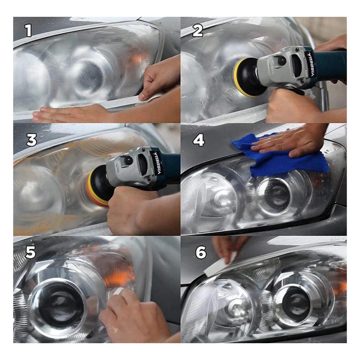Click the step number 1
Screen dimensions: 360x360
[28, 31]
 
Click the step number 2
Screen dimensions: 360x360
[197, 31]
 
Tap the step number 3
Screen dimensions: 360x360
[31, 140]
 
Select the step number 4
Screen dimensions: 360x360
[199, 140]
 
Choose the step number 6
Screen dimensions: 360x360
[201, 253]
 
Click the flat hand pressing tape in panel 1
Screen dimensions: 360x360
[66, 114]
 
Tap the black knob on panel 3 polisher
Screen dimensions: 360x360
[128, 161]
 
